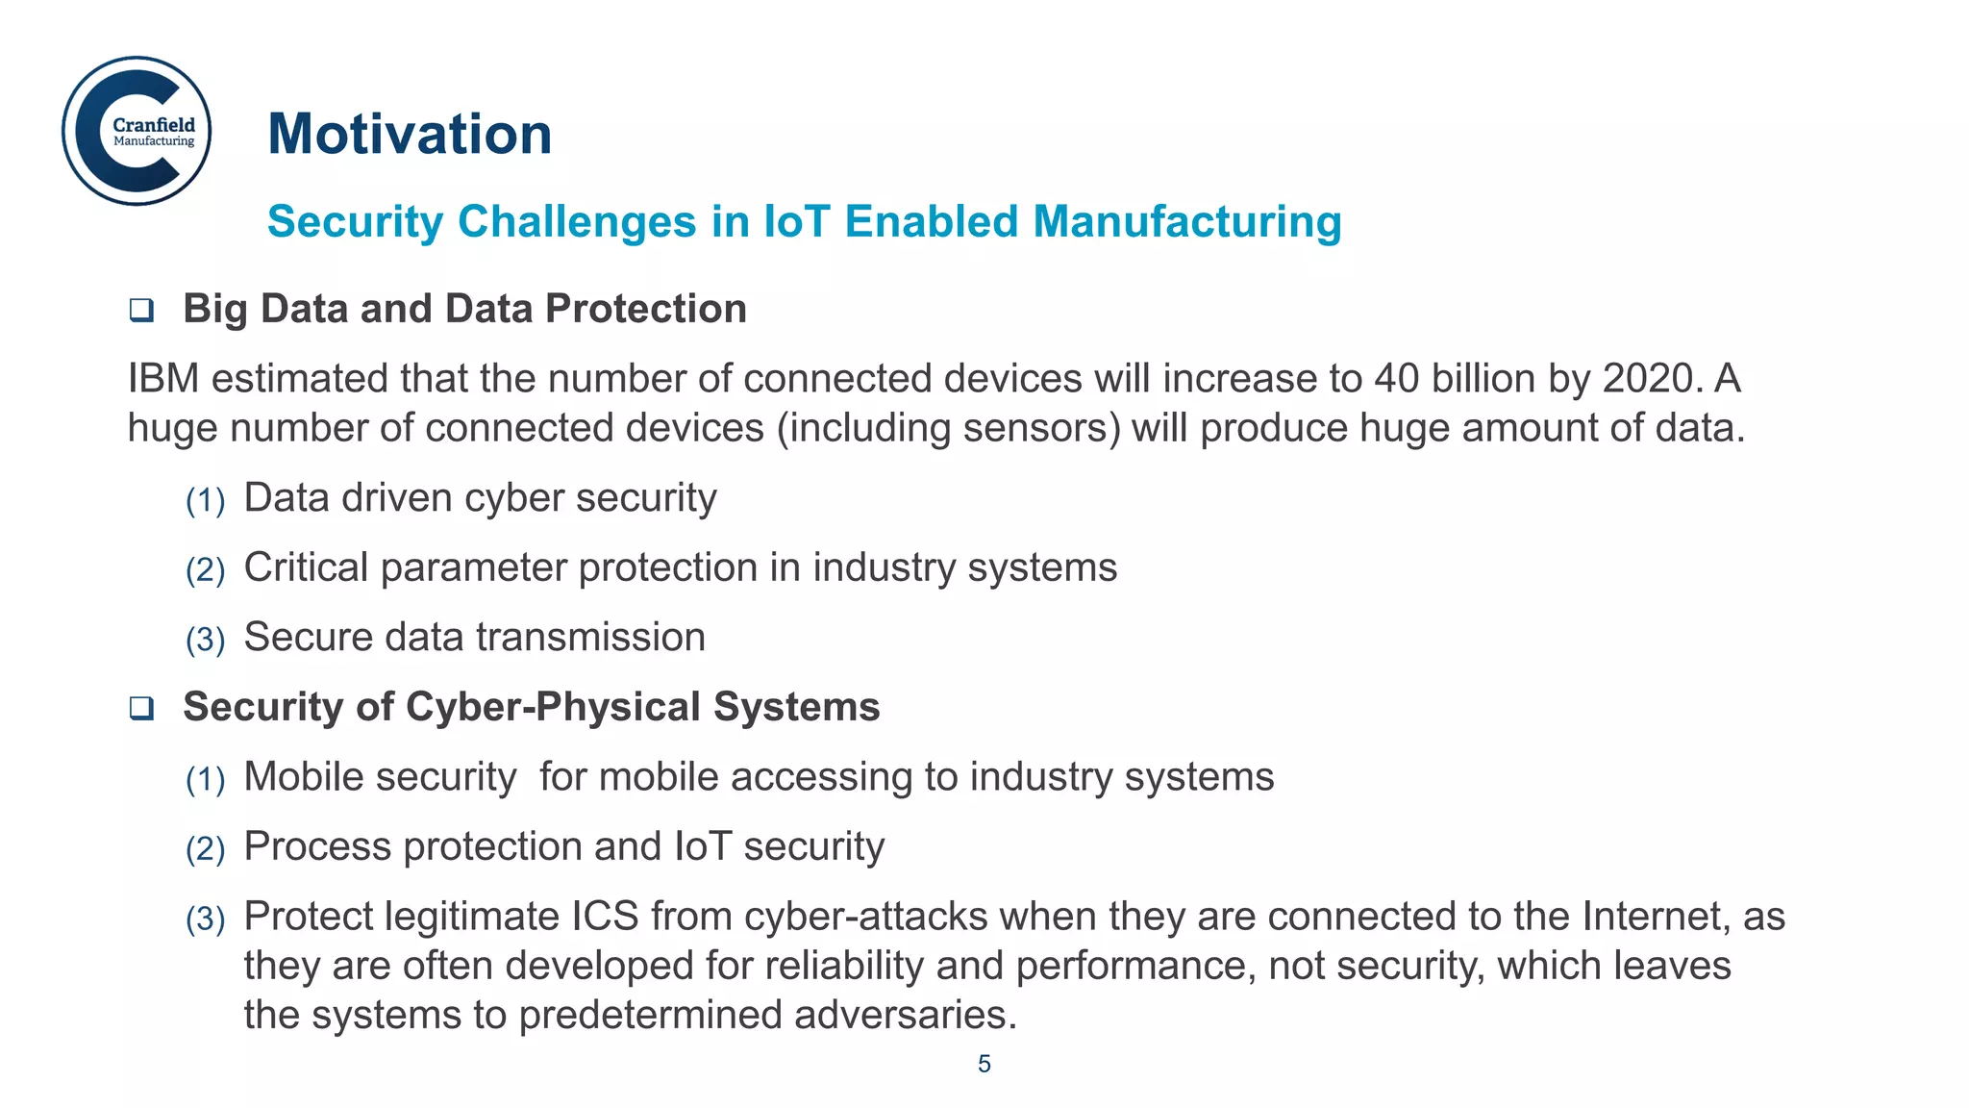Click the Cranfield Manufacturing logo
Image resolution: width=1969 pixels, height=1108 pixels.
click(137, 131)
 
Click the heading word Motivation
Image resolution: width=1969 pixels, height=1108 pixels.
click(410, 134)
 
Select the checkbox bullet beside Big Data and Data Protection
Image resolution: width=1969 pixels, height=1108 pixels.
click(141, 311)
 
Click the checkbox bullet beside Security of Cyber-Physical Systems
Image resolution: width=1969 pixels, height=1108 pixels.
click(141, 709)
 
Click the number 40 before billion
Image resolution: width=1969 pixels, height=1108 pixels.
click(1396, 378)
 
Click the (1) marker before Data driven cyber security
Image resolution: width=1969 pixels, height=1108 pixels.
click(205, 501)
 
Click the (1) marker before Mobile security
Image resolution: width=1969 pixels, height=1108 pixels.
click(205, 780)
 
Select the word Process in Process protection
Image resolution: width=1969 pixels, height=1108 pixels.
click(317, 846)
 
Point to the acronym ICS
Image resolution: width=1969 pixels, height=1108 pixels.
click(605, 916)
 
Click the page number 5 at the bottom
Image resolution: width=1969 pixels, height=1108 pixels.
click(984, 1064)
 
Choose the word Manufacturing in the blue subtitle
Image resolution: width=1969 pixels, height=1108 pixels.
click(1187, 221)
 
